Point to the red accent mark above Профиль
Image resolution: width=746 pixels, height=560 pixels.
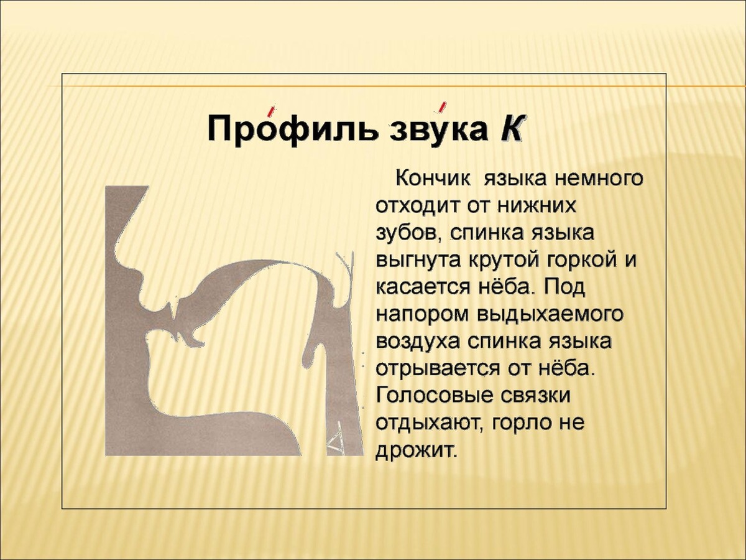click(271, 111)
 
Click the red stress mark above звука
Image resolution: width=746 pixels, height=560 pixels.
click(442, 107)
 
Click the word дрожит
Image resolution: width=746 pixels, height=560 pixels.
click(415, 452)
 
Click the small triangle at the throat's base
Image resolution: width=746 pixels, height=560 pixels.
click(334, 442)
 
